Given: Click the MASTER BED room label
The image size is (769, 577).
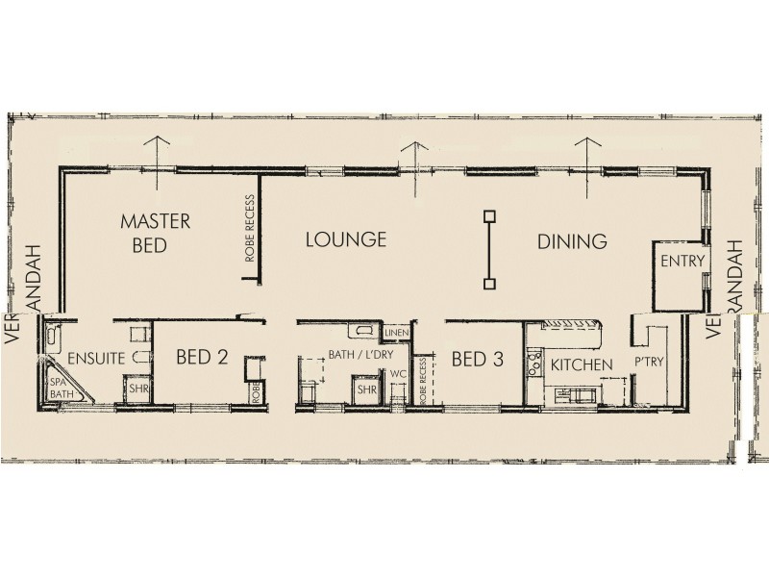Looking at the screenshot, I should (155, 233).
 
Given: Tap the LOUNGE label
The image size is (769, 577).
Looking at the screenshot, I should (346, 239).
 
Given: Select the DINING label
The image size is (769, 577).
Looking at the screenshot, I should (572, 241).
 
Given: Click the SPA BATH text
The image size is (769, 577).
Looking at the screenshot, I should (61, 388).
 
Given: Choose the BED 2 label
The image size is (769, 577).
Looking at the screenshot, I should (202, 358).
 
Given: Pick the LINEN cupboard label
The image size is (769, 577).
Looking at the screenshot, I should (396, 334).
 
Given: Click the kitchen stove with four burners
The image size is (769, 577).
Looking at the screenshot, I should (534, 364).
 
